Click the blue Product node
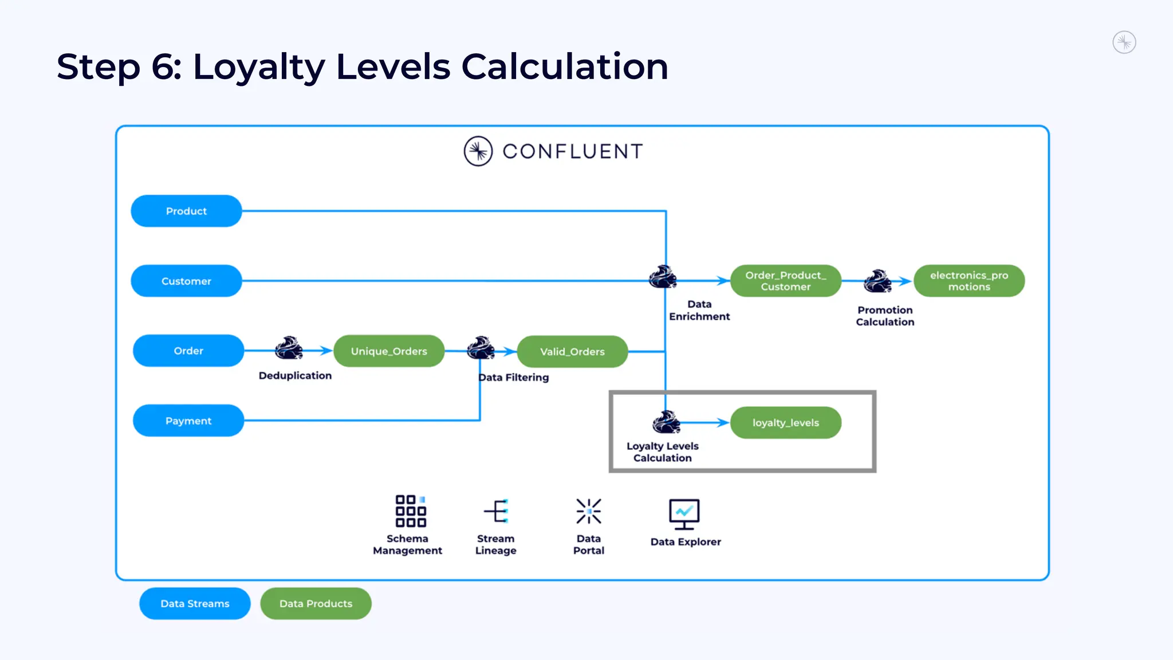pyautogui.click(x=186, y=211)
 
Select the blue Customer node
pyautogui.click(x=186, y=281)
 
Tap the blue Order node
pyautogui.click(x=188, y=351)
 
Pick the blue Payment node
pyautogui.click(x=188, y=421)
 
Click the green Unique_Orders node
pyautogui.click(x=389, y=351)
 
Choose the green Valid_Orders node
pyautogui.click(x=572, y=352)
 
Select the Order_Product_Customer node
pyautogui.click(x=785, y=281)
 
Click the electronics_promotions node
pyautogui.click(x=969, y=281)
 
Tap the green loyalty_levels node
pyautogui.click(x=785, y=423)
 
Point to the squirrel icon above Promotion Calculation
pyautogui.click(x=877, y=281)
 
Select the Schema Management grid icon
pyautogui.click(x=411, y=511)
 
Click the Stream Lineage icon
pyautogui.click(x=497, y=511)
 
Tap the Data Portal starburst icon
pyautogui.click(x=589, y=511)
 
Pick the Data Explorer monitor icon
pyautogui.click(x=684, y=514)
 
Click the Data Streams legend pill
pyautogui.click(x=195, y=603)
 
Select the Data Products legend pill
pyautogui.click(x=316, y=603)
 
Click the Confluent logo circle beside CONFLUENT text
pyautogui.click(x=478, y=151)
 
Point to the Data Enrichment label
pyautogui.click(x=699, y=310)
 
